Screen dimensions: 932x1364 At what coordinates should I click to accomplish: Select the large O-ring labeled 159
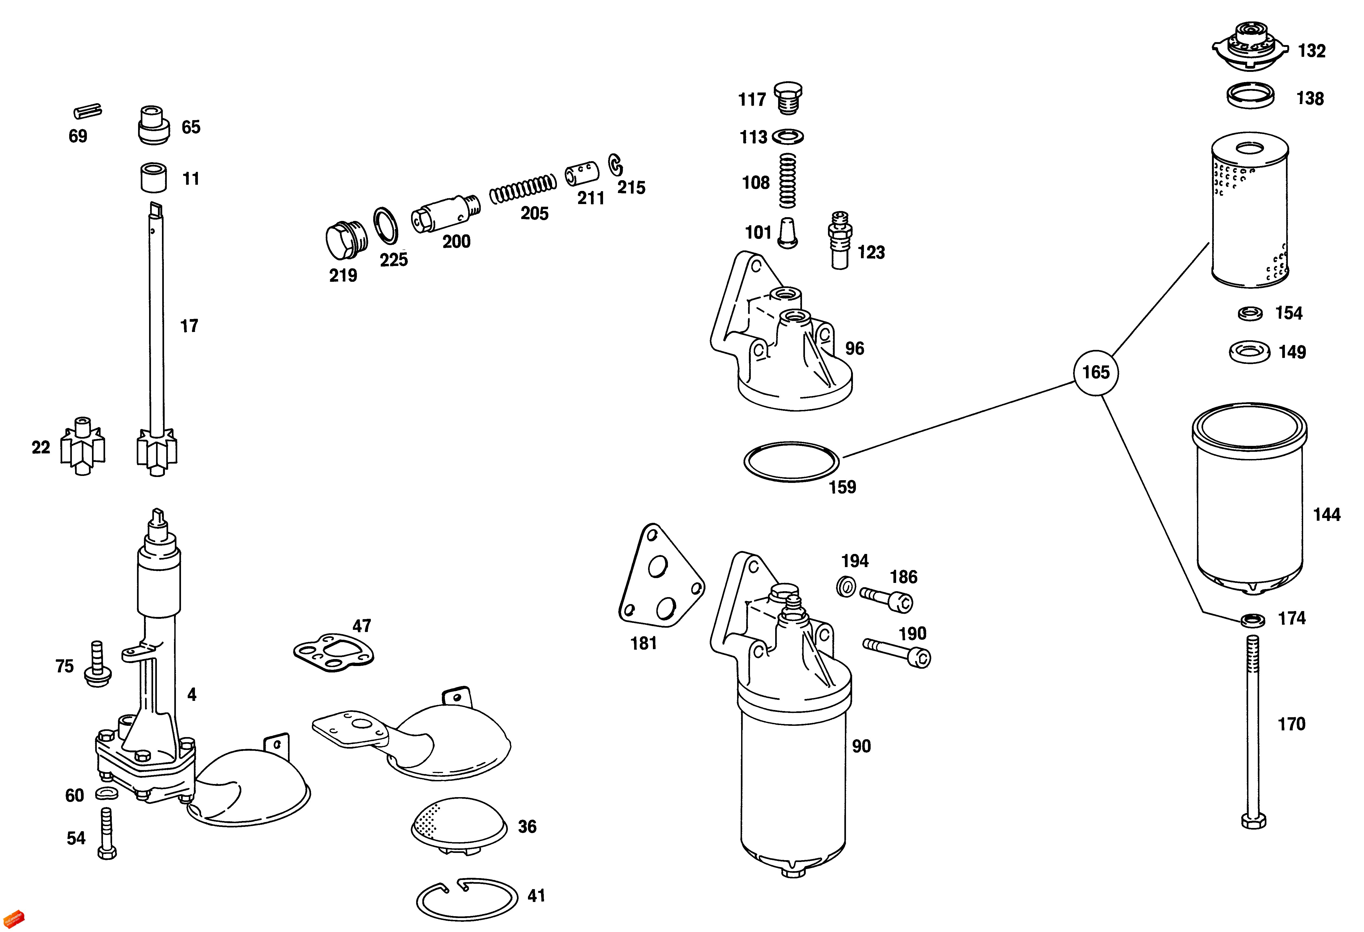(791, 462)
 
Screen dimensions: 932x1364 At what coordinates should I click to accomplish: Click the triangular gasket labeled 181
(660, 578)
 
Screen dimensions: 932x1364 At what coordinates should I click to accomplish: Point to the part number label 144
(1326, 515)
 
